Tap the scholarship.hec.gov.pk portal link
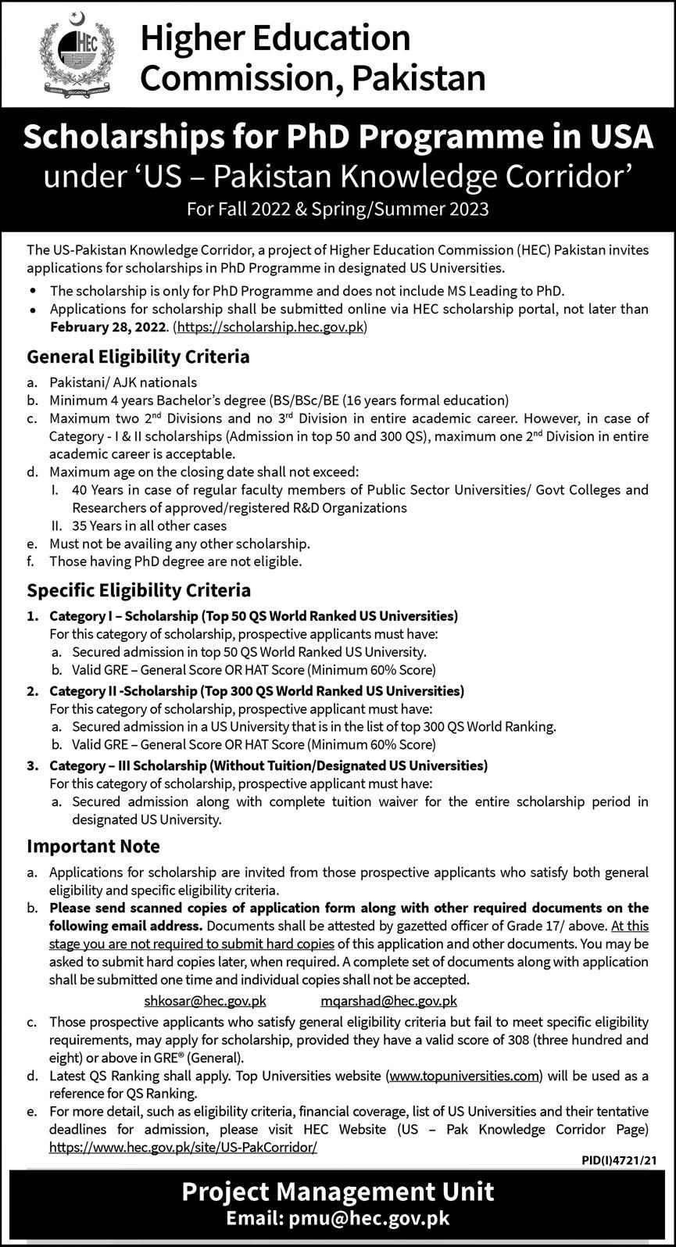click(271, 328)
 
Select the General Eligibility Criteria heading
click(138, 357)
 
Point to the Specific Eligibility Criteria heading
click(139, 589)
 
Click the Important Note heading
click(94, 846)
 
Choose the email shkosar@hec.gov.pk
click(206, 1001)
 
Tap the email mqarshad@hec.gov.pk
click(388, 1001)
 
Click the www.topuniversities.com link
click(464, 1076)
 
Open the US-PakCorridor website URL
click(183, 1147)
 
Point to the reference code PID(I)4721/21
click(617, 1162)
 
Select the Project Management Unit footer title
click(338, 1191)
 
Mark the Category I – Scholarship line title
click(253, 615)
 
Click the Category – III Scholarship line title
click(268, 765)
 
